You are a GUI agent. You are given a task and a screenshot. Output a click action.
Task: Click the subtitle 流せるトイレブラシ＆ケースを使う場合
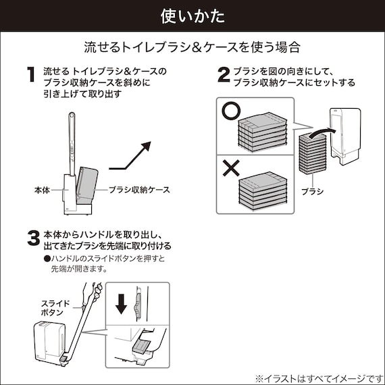click(x=192, y=47)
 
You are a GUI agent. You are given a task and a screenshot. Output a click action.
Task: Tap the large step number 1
click(x=30, y=74)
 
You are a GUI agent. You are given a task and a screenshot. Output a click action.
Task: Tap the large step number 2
click(x=223, y=74)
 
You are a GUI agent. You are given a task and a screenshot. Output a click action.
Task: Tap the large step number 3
click(x=32, y=238)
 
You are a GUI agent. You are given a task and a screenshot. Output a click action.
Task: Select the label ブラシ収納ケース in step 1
click(x=139, y=190)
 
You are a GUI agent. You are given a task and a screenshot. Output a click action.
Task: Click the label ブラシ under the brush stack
click(x=312, y=191)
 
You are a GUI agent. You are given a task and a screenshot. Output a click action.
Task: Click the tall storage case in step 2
click(x=346, y=135)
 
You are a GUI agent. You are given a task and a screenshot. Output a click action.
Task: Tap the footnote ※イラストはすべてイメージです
click(x=317, y=377)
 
